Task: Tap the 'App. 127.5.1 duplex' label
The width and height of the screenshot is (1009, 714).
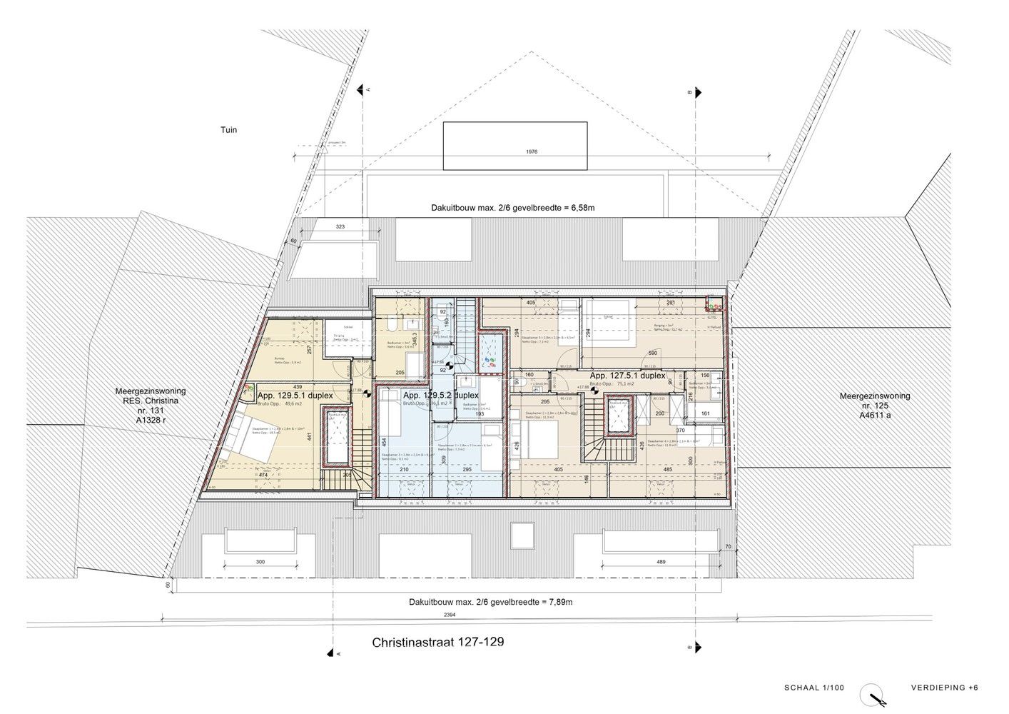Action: (627, 375)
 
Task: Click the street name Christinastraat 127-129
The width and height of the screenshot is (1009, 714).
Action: (438, 642)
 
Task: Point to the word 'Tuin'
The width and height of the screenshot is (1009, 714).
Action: (228, 130)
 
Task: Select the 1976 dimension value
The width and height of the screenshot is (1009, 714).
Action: (530, 151)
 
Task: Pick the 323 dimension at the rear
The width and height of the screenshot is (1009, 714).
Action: (340, 226)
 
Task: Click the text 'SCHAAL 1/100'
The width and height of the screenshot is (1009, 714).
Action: (813, 688)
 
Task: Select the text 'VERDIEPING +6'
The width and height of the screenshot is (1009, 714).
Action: (944, 688)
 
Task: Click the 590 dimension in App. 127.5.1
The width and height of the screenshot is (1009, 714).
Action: (652, 353)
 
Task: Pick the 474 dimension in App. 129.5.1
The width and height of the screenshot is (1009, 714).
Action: (263, 474)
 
